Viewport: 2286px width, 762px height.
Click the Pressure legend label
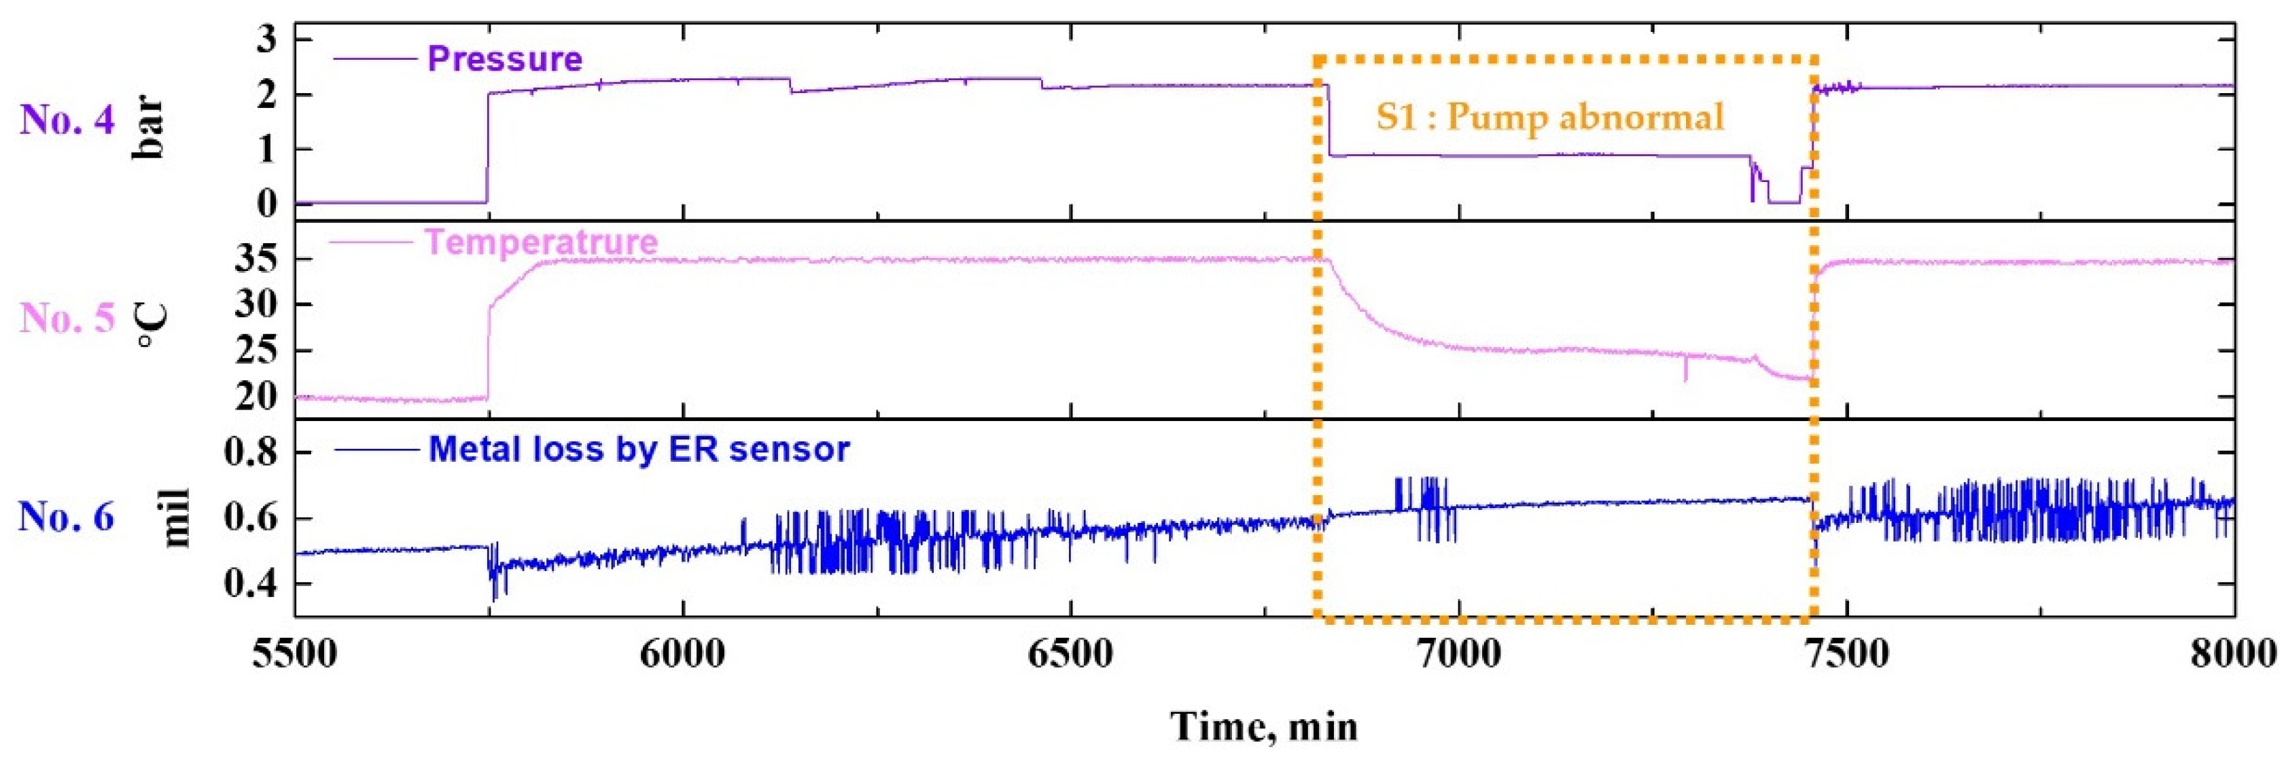coord(504,60)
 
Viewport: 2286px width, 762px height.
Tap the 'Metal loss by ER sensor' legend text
coord(639,449)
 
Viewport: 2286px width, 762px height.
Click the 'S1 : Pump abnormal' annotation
coord(1549,117)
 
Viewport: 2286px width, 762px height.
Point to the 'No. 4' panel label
coord(67,120)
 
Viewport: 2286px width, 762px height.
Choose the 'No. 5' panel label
coord(67,319)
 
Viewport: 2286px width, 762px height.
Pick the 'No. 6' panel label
coord(67,516)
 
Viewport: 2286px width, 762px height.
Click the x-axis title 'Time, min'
coord(1264,727)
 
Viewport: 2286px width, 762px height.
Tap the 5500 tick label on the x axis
coord(295,655)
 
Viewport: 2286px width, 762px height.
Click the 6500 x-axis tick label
coord(1070,655)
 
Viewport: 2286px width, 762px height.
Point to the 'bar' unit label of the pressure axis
coord(149,128)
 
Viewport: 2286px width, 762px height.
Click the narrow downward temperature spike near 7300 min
coord(1685,371)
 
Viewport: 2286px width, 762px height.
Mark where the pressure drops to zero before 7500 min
coord(1784,202)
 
